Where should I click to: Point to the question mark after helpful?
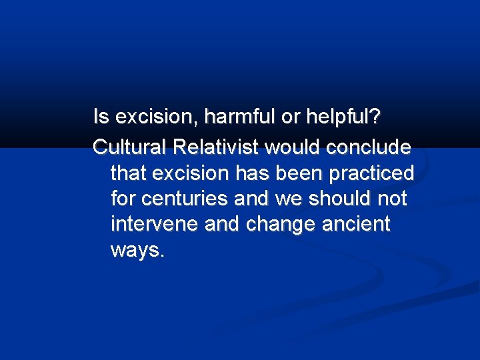375,117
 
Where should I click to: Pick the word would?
285,146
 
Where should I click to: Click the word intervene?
155,225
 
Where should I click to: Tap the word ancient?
357,225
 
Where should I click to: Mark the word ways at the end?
136,251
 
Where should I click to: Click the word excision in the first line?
157,117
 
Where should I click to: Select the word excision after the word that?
192,173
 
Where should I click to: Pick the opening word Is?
101,117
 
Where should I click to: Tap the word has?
254,173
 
